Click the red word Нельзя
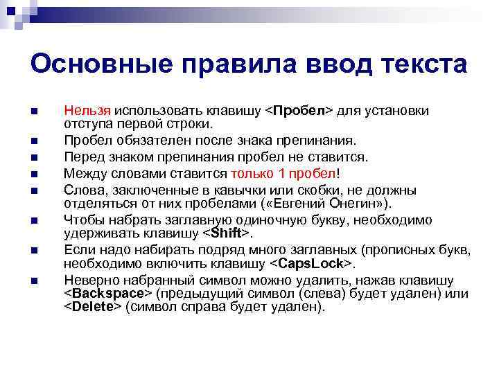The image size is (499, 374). tap(87, 111)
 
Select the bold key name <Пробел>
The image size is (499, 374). tap(300, 111)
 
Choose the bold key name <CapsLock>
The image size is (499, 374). tap(312, 265)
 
